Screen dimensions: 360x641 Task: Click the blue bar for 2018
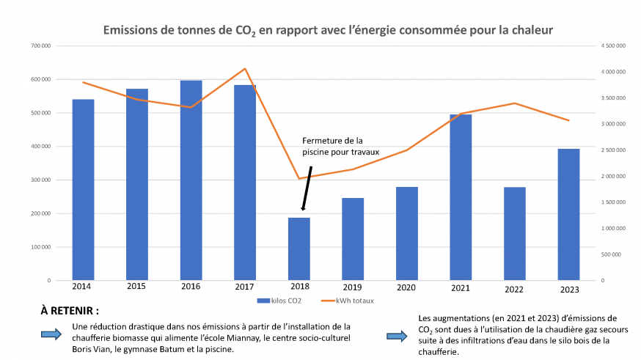(x=298, y=249)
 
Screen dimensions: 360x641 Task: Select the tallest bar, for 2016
(x=191, y=180)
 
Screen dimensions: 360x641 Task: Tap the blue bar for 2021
(x=461, y=197)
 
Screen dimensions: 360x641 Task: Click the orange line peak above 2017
(x=245, y=69)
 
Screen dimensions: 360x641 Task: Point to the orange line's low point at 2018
(x=298, y=178)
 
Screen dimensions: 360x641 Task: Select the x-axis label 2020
(x=406, y=287)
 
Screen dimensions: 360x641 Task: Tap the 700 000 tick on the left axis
(x=40, y=46)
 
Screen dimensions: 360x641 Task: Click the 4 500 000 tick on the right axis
(x=613, y=46)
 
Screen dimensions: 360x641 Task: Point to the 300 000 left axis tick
(x=40, y=180)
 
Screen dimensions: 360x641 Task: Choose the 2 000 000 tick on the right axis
(x=613, y=177)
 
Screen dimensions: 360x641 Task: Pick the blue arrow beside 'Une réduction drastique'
(x=52, y=334)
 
